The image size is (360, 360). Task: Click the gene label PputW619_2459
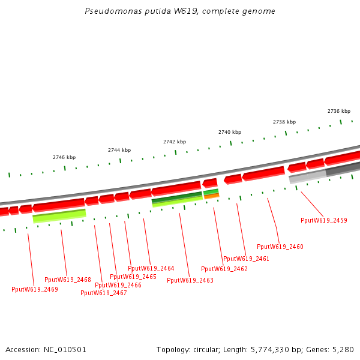pyautogui.click(x=323, y=220)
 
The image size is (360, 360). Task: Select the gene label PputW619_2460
pyautogui.click(x=280, y=247)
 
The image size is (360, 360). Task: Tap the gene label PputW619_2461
pyautogui.click(x=246, y=259)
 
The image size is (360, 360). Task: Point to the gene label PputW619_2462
pyautogui.click(x=224, y=269)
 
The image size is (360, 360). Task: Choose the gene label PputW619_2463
pyautogui.click(x=190, y=280)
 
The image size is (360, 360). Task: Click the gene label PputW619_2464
pyautogui.click(x=151, y=268)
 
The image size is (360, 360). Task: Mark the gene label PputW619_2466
pyautogui.click(x=118, y=285)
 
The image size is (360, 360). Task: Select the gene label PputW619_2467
pyautogui.click(x=103, y=293)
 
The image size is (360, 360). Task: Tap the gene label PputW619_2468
pyautogui.click(x=67, y=280)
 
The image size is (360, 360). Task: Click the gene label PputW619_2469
pyautogui.click(x=34, y=289)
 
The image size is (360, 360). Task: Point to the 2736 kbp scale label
pyautogui.click(x=338, y=111)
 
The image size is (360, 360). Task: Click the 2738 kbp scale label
pyautogui.click(x=284, y=122)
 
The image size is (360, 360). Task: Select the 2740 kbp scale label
pyautogui.click(x=229, y=132)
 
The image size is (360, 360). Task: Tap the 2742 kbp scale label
pyautogui.click(x=174, y=142)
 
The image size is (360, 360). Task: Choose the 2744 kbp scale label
pyautogui.click(x=119, y=150)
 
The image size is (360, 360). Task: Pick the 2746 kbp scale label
pyautogui.click(x=64, y=157)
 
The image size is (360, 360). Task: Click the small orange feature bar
pyautogui.click(x=212, y=196)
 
